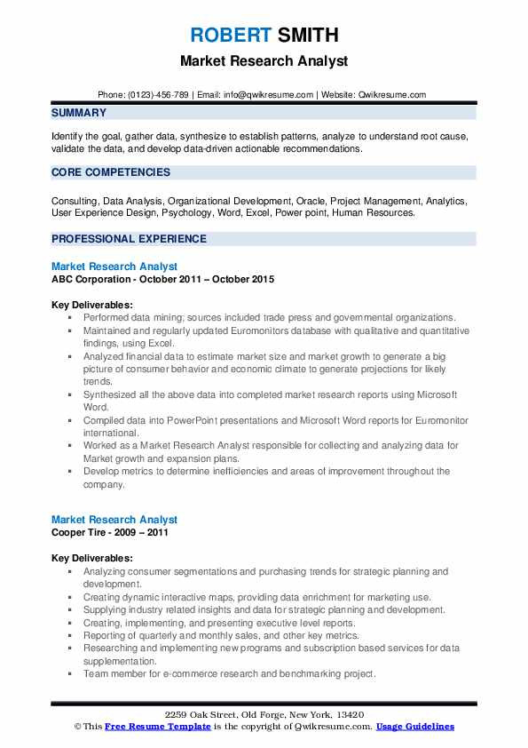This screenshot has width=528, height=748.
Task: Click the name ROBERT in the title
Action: click(230, 36)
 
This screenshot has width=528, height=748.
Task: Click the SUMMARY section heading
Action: click(79, 113)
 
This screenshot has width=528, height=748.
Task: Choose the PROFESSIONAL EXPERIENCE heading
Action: click(129, 239)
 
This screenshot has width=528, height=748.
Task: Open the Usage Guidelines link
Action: click(414, 727)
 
